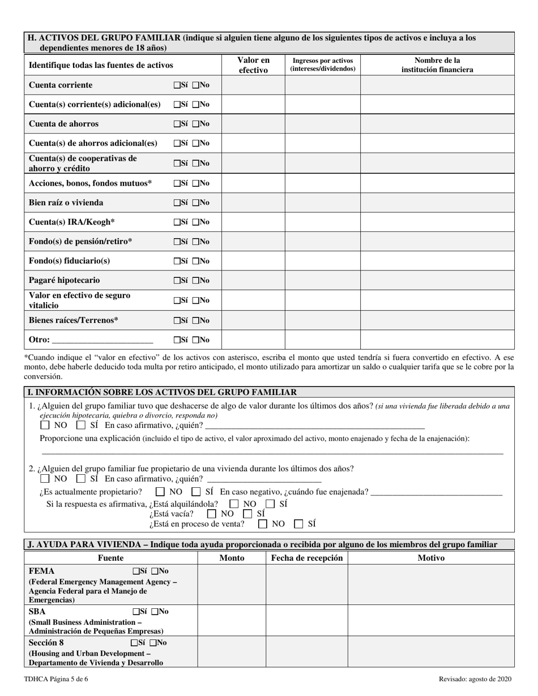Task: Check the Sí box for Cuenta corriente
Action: tap(177, 85)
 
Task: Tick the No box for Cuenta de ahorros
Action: tap(196, 124)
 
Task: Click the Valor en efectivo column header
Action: tap(253, 65)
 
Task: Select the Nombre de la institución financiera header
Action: tap(437, 65)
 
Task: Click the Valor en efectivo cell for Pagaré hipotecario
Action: tap(253, 281)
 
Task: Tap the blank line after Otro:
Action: tap(102, 340)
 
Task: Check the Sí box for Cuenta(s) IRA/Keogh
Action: tap(177, 222)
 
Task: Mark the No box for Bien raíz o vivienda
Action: tap(196, 203)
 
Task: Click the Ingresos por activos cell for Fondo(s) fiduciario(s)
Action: tap(322, 261)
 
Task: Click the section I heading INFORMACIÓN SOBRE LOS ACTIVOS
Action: tap(161, 392)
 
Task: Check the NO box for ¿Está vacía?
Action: tap(212, 514)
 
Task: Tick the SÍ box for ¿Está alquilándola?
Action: tap(271, 504)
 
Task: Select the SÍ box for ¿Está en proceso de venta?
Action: tap(299, 524)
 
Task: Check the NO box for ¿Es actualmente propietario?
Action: tap(161, 492)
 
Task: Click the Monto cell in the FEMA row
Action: tap(232, 585)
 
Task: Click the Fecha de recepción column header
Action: tap(307, 558)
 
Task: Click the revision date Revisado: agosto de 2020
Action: tap(476, 680)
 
